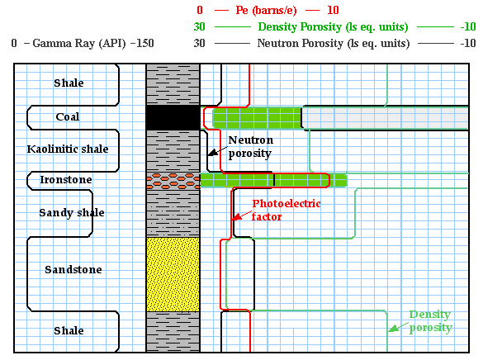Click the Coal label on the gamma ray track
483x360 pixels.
(x=68, y=116)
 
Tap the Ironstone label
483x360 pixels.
(x=66, y=179)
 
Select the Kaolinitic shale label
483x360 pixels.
(x=68, y=149)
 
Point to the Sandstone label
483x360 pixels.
(x=73, y=269)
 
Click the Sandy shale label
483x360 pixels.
(x=72, y=212)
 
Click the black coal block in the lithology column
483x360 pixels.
(x=173, y=117)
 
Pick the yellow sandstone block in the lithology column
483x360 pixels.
(x=173, y=274)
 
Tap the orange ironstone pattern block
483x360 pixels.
(x=173, y=181)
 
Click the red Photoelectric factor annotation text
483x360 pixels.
(x=286, y=210)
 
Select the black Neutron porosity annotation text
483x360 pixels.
(x=251, y=147)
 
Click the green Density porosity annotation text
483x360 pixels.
(x=430, y=321)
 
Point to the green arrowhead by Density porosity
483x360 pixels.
(x=392, y=329)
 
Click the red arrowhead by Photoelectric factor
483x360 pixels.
(x=236, y=217)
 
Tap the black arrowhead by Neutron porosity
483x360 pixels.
(x=212, y=153)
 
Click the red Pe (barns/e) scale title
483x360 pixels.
(x=266, y=11)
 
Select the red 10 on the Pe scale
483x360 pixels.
(x=333, y=10)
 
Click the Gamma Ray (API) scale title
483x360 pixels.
(x=79, y=44)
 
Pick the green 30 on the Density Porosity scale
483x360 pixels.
(x=199, y=26)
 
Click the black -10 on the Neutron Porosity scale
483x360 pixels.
(x=468, y=43)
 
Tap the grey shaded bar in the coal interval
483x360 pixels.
(x=385, y=118)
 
